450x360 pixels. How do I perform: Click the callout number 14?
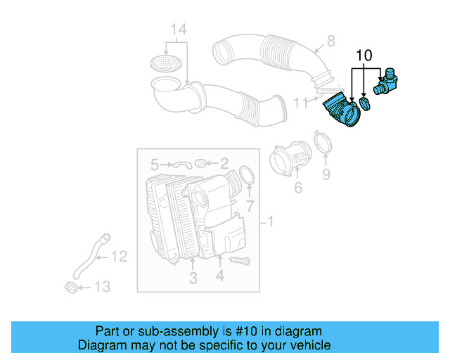(179, 29)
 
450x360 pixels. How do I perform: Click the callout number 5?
(155, 165)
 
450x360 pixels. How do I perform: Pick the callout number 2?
(224, 165)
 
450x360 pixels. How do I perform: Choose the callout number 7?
(249, 205)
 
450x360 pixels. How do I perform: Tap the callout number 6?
(297, 187)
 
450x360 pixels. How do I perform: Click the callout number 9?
(326, 173)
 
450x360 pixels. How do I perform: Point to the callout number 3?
(193, 278)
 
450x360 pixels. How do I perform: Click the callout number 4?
(219, 277)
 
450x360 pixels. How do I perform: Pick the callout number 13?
(103, 286)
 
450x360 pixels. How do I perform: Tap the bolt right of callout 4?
(241, 261)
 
